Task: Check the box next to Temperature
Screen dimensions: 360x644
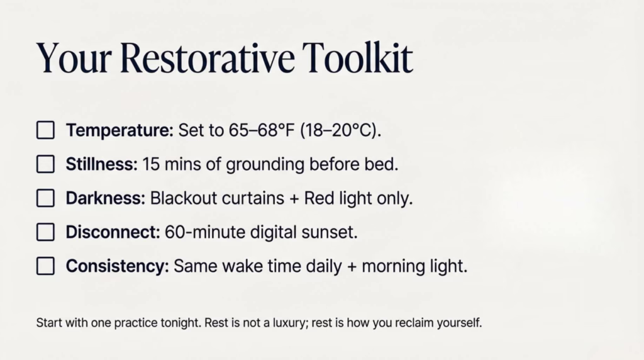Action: pyautogui.click(x=45, y=131)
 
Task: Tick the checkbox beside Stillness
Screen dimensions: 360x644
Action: pyautogui.click(x=45, y=165)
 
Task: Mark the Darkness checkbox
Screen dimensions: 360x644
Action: pyautogui.click(x=45, y=199)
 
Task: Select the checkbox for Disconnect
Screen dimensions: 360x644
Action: pyautogui.click(x=45, y=232)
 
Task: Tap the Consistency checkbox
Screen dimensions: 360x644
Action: pyautogui.click(x=45, y=266)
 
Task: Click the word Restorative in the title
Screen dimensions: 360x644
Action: pyautogui.click(x=206, y=59)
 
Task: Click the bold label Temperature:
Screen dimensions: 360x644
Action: pyautogui.click(x=119, y=131)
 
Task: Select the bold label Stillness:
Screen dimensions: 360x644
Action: pyautogui.click(x=101, y=165)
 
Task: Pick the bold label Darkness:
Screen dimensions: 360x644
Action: pyautogui.click(x=106, y=199)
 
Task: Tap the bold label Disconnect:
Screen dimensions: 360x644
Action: pyautogui.click(x=113, y=232)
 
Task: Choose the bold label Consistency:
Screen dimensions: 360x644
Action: pyautogui.click(x=117, y=266)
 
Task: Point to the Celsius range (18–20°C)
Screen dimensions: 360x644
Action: pyautogui.click(x=340, y=131)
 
